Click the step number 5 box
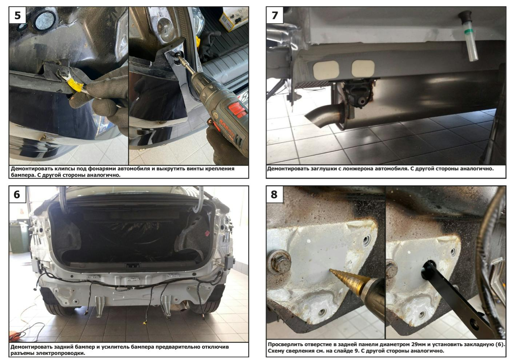point(17,15)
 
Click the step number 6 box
point(17,194)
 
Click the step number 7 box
point(275,15)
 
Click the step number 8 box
point(275,194)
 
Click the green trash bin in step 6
point(19,237)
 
